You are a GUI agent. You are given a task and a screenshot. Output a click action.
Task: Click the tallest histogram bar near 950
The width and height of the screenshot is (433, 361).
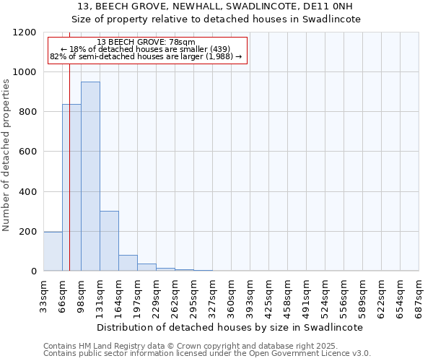(90, 176)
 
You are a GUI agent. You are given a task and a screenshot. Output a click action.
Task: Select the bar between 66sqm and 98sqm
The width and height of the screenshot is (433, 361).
(71, 188)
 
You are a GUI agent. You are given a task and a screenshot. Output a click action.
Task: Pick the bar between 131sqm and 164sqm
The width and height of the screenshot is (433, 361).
(109, 241)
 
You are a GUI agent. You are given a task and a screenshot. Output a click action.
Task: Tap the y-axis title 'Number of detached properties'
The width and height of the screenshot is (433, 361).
(6, 155)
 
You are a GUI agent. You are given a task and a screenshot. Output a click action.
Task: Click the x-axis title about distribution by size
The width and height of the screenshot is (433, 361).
(229, 327)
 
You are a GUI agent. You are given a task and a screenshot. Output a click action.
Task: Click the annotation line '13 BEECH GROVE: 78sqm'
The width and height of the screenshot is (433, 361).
(146, 43)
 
